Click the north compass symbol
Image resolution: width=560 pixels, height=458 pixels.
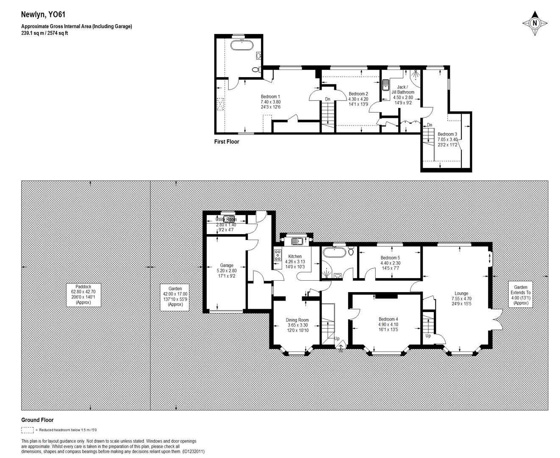[535, 23]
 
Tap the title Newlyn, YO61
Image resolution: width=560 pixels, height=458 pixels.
[43, 15]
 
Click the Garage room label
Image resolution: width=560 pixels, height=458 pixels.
[227, 271]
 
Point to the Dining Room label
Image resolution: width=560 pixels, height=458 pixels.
[297, 325]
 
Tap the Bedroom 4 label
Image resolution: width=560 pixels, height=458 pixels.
[388, 324]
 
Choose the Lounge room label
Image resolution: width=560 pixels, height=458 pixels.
[461, 299]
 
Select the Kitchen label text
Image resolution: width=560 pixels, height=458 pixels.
[295, 262]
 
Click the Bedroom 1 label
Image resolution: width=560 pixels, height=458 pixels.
[270, 102]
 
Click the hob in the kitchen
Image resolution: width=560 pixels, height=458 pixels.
[278, 256]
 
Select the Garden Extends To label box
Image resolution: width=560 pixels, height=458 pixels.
[520, 295]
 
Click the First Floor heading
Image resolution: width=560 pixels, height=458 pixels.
[227, 142]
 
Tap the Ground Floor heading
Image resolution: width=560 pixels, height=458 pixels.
[38, 420]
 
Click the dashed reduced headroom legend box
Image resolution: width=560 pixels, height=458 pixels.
[28, 430]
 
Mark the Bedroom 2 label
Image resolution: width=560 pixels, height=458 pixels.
[358, 99]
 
